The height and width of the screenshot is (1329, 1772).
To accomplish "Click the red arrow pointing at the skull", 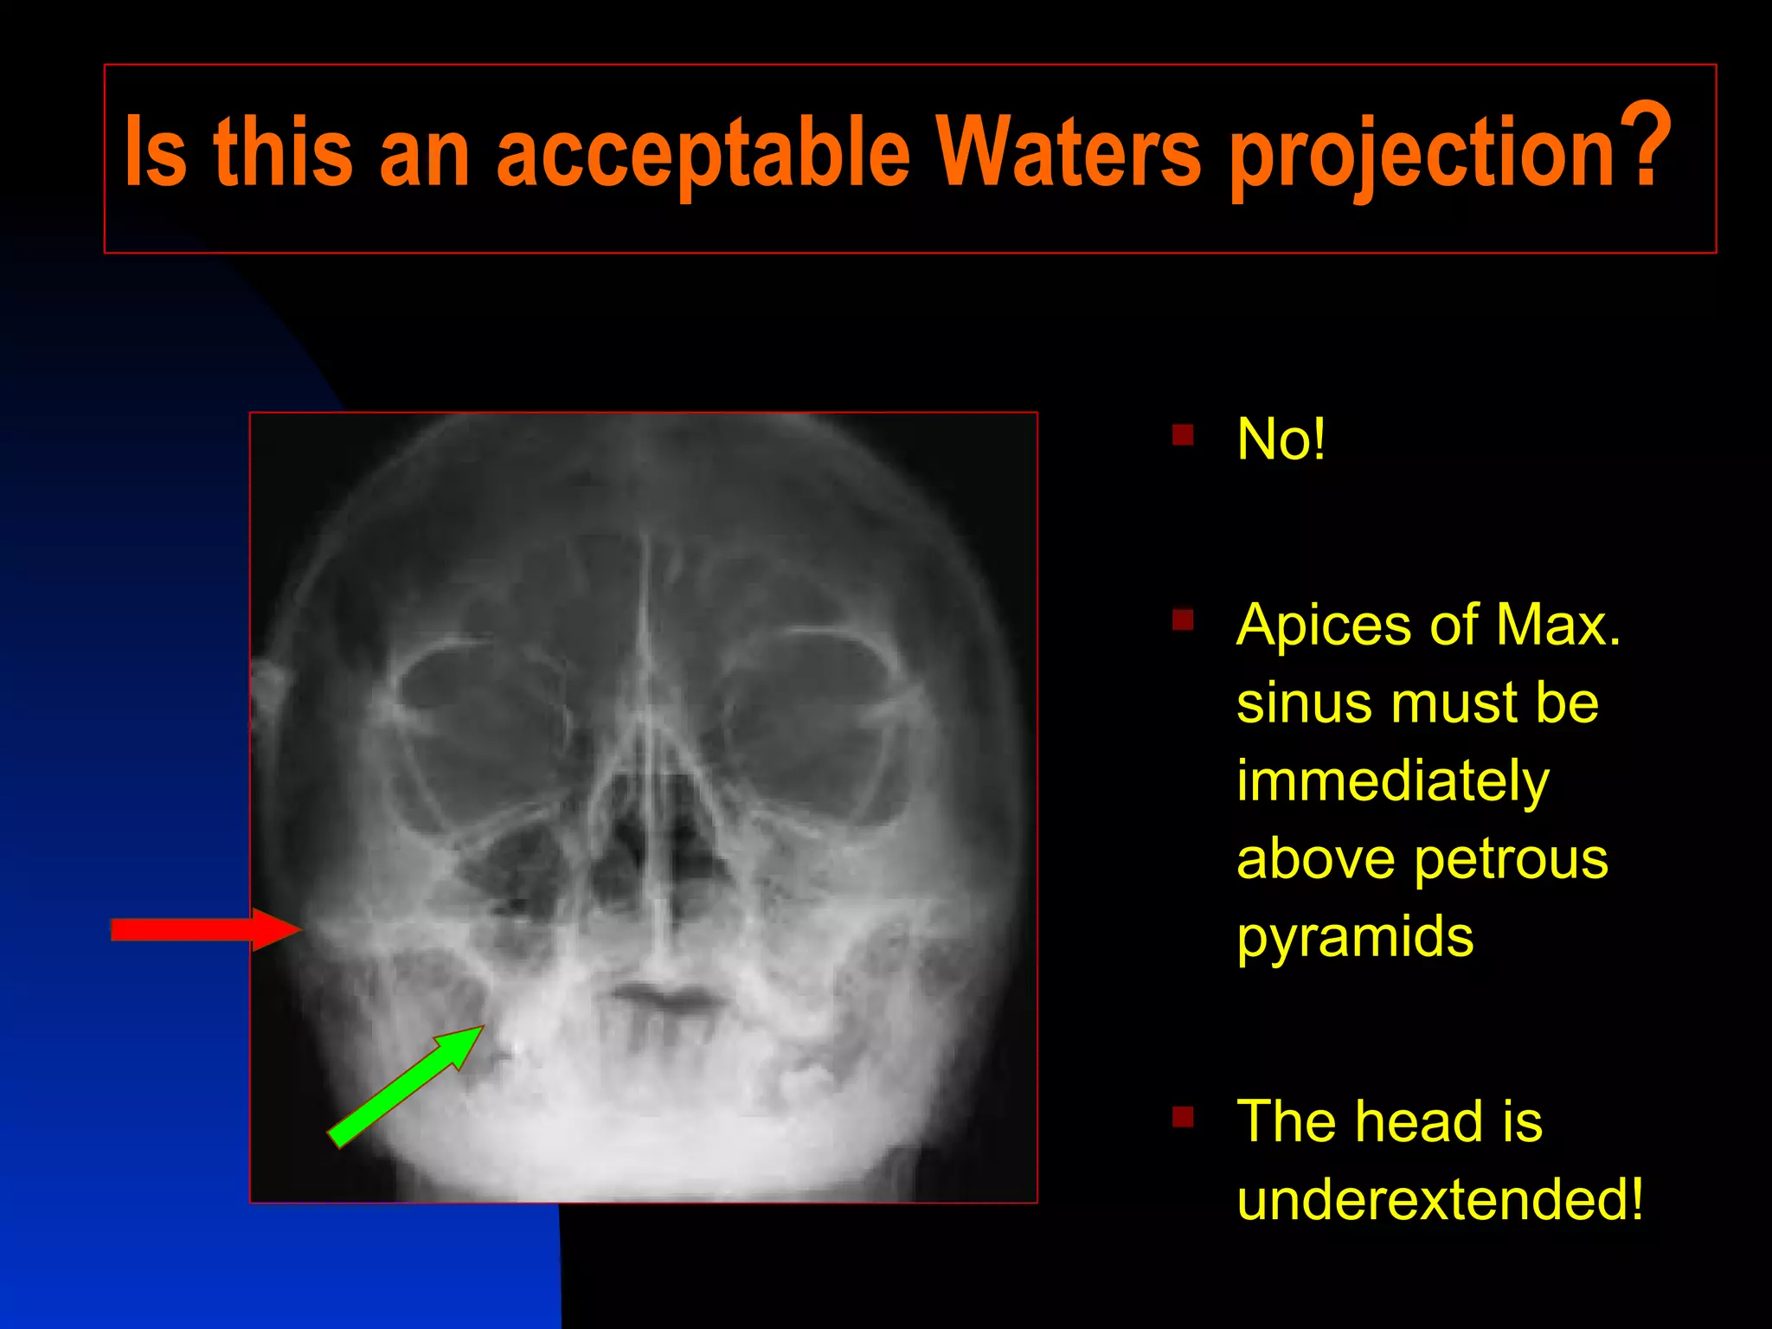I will [204, 930].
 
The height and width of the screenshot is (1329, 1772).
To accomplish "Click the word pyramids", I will [1355, 938].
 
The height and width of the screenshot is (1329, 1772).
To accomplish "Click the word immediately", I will [1392, 781].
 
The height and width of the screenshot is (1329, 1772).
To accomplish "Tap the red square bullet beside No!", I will [1183, 434].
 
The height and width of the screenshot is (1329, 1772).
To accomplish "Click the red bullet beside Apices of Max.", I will [1183, 620].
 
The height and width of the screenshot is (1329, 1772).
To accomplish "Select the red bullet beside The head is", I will [1183, 1117].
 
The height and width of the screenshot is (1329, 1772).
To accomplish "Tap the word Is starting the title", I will [156, 153].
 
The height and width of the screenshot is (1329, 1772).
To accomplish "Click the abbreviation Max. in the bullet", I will [1557, 624].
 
